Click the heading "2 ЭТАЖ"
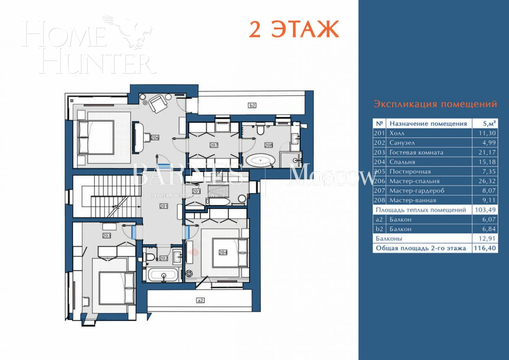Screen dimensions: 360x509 point(293,28)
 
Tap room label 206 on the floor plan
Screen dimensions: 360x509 point(154,138)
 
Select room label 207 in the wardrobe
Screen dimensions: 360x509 point(214,145)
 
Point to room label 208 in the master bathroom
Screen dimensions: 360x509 point(268,145)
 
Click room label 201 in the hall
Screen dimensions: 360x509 point(164,207)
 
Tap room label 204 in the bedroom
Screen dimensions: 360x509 point(223,252)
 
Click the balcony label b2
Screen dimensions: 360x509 point(252,105)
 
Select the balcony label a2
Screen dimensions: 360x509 point(201,300)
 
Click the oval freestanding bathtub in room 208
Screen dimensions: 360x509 point(261,161)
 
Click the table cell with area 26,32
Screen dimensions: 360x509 point(484,181)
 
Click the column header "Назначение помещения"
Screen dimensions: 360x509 point(428,124)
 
